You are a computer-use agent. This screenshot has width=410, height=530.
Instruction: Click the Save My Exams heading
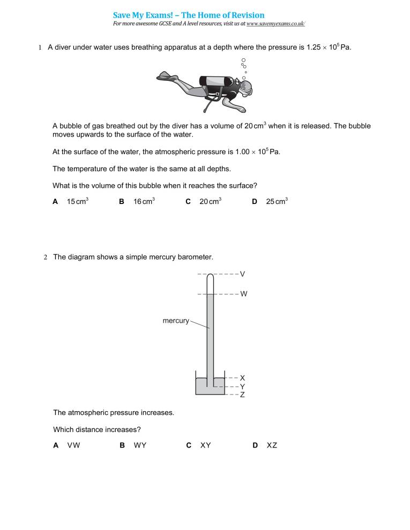coord(189,15)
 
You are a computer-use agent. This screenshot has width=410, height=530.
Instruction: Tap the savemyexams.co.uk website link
coord(275,24)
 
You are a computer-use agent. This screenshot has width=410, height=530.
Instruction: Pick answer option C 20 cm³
coord(204,201)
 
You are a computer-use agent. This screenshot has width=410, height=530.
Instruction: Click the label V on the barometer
coord(242,274)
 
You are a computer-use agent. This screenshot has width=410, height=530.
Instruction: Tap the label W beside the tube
coord(243,294)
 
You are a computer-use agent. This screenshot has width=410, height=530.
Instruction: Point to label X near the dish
coord(242,377)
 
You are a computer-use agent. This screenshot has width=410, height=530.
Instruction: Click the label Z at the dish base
coord(242,395)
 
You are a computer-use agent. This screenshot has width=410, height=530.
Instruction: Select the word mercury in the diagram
coord(176,321)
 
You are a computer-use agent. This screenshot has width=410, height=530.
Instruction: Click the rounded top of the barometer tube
coord(210,277)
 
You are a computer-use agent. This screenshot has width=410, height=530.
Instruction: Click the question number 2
coord(46,258)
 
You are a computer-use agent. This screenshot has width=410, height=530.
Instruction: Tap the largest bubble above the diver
coord(243,60)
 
